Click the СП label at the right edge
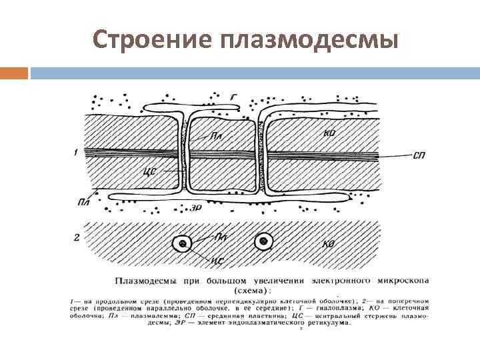click(x=419, y=155)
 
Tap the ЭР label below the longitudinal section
click(x=197, y=207)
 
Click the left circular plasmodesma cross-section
click(x=182, y=244)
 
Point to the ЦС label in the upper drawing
click(x=151, y=171)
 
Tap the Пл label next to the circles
click(x=219, y=237)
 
